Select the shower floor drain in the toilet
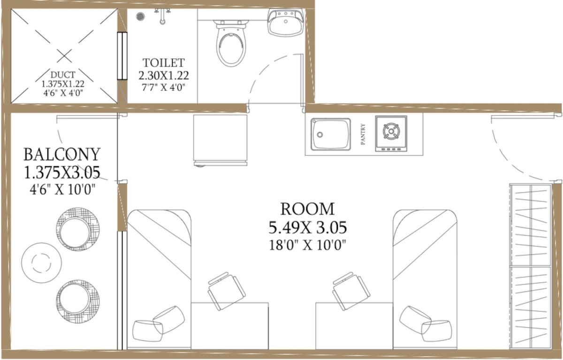pos(140,16)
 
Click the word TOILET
pos(164,62)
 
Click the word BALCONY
pos(62,154)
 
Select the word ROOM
pos(307,209)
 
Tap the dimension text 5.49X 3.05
pos(307,228)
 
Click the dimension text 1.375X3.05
pos(62,173)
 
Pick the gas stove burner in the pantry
pos(391,131)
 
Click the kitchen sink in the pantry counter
pos(331,134)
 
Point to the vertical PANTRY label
pos(363,134)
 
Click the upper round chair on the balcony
pos(78,229)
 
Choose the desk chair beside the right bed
pos(351,291)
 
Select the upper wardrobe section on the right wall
pos(530,224)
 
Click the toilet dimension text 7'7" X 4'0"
pos(164,87)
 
